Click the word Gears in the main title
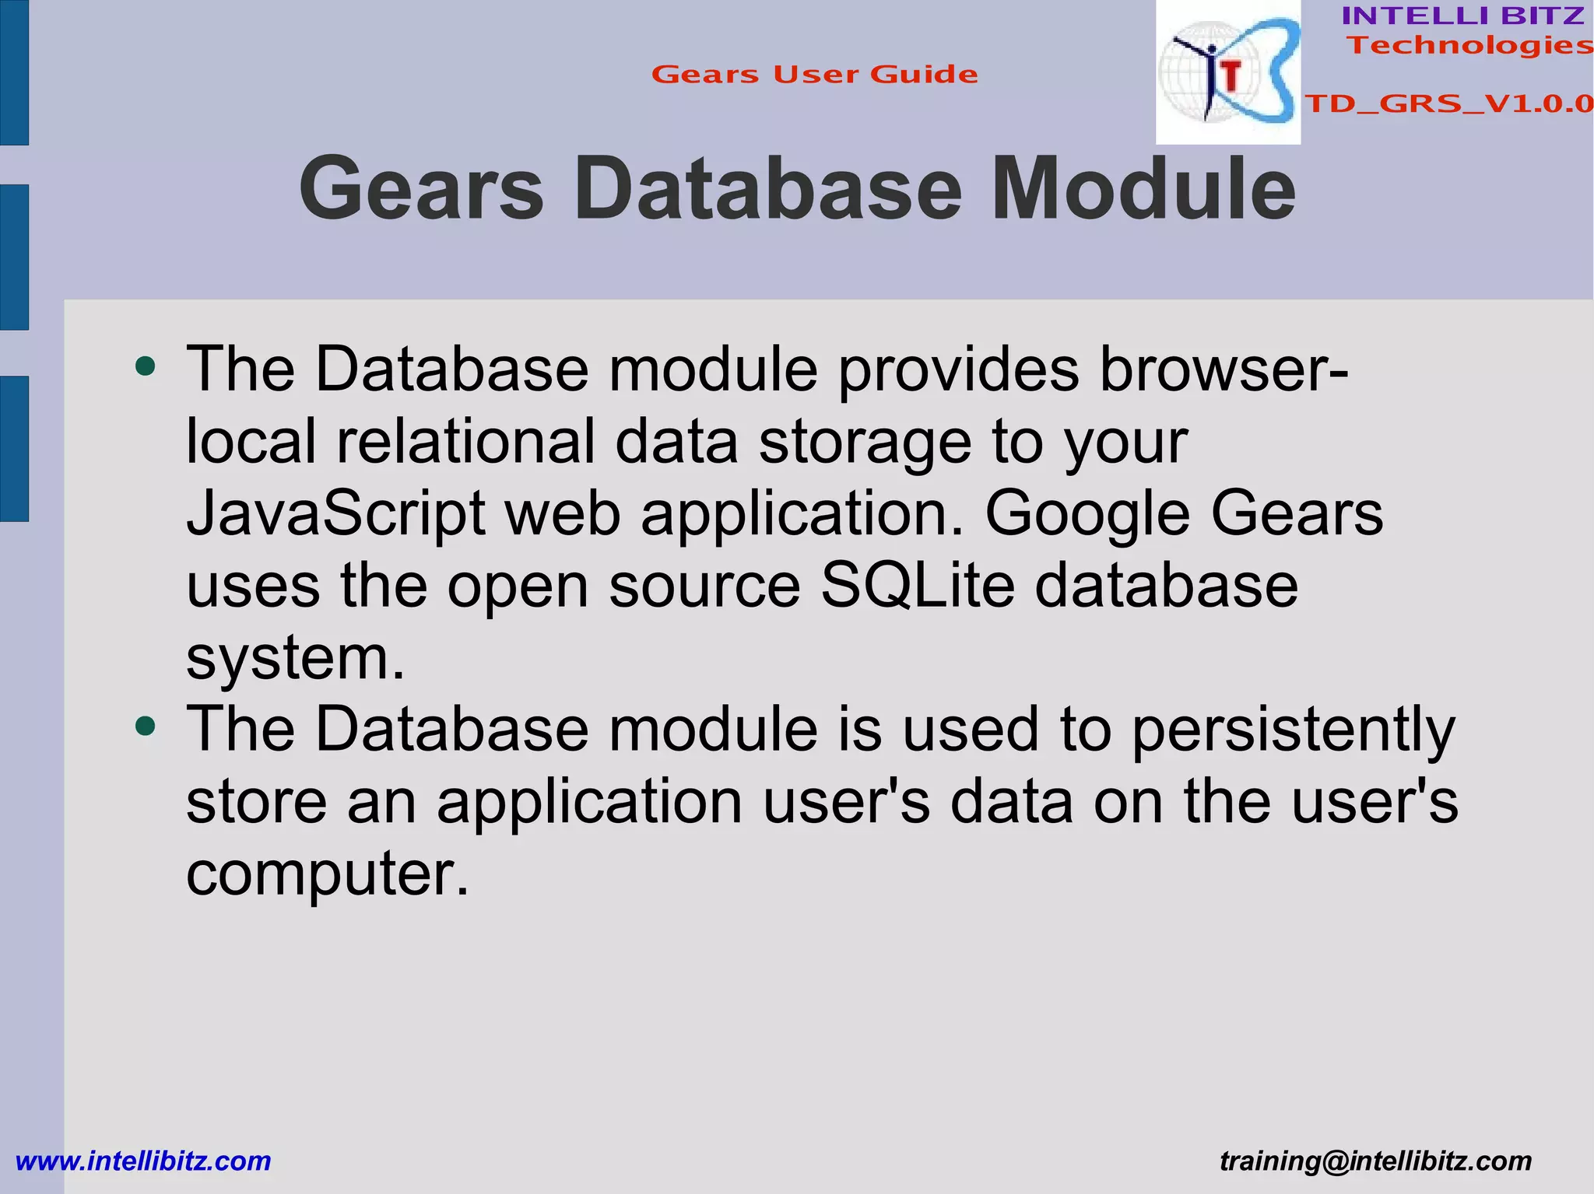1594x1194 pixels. tap(421, 189)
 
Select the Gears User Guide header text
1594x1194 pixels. tap(814, 75)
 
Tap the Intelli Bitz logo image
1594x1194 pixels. tap(1227, 72)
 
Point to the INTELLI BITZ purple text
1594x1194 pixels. tap(1462, 16)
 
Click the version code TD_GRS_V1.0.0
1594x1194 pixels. tap(1448, 103)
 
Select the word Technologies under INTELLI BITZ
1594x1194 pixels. tap(1469, 45)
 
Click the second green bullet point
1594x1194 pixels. tap(146, 727)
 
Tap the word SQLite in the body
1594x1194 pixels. tap(918, 586)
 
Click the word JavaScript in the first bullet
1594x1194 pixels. tap(335, 514)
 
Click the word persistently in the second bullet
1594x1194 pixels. tap(1292, 730)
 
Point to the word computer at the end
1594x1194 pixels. tap(327, 873)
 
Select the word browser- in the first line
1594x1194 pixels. tap(1223, 369)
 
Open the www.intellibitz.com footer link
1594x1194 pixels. tap(143, 1161)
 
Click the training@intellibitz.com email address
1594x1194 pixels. tap(1375, 1161)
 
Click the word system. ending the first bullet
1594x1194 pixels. tap(295, 658)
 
